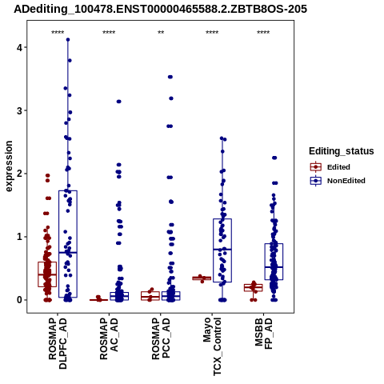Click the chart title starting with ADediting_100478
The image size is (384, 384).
(161, 9)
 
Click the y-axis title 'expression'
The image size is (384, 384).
(9, 166)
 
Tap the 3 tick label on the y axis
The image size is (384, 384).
(19, 111)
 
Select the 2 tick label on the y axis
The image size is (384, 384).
(19, 174)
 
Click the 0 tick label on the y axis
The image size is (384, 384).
(19, 300)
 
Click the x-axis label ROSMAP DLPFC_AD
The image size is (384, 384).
(58, 343)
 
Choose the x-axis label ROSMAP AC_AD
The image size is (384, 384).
(109, 338)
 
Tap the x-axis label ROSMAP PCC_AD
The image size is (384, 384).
(161, 338)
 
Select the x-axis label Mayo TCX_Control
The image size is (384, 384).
(212, 346)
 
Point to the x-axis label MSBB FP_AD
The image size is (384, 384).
(263, 334)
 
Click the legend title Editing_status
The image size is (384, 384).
(342, 151)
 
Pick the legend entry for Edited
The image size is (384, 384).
(330, 167)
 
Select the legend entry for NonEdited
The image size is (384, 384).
(338, 181)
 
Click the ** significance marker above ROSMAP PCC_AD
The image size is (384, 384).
(161, 33)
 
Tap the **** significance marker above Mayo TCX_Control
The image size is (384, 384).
(212, 33)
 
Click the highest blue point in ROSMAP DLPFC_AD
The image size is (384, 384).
(68, 40)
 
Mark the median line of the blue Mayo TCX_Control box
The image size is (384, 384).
(222, 250)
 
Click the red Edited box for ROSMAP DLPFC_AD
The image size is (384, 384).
(47, 274)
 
